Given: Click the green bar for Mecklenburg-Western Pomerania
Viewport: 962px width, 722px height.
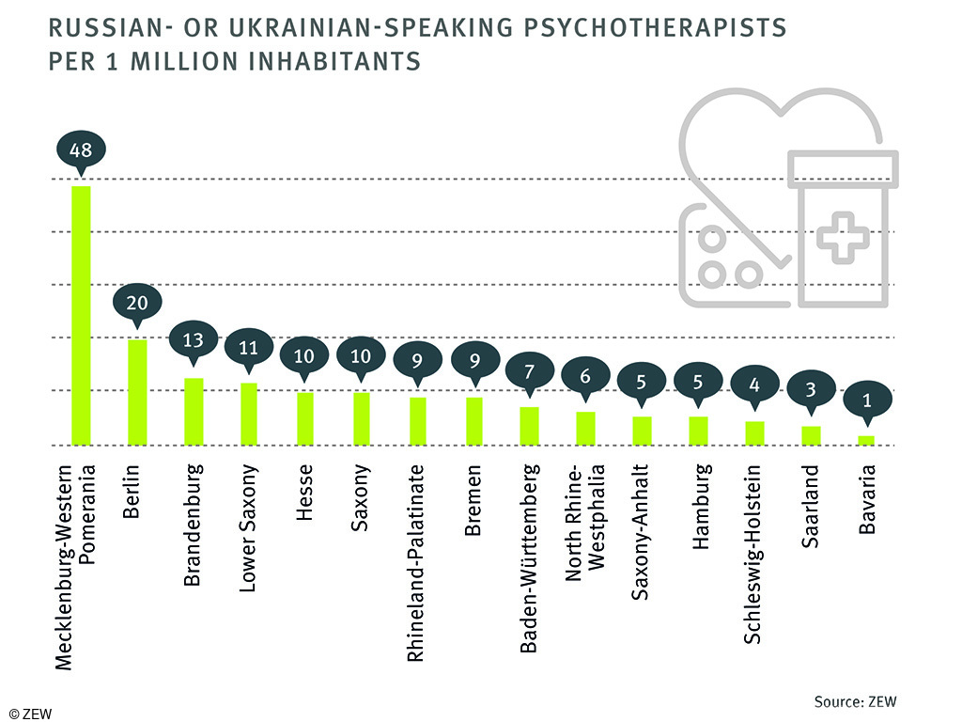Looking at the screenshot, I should pyautogui.click(x=82, y=315).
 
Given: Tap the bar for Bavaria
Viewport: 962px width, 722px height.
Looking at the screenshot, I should pyautogui.click(x=866, y=439).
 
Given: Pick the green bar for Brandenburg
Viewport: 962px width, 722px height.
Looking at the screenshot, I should pyautogui.click(x=194, y=411).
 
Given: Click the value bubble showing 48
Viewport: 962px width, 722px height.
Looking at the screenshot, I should pyautogui.click(x=82, y=149).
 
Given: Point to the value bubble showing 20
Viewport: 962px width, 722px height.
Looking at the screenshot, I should pyautogui.click(x=137, y=303).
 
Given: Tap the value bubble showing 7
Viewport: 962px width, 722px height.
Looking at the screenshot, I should pyautogui.click(x=529, y=369).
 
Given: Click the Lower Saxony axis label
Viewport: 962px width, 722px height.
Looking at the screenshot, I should pyautogui.click(x=249, y=526).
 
